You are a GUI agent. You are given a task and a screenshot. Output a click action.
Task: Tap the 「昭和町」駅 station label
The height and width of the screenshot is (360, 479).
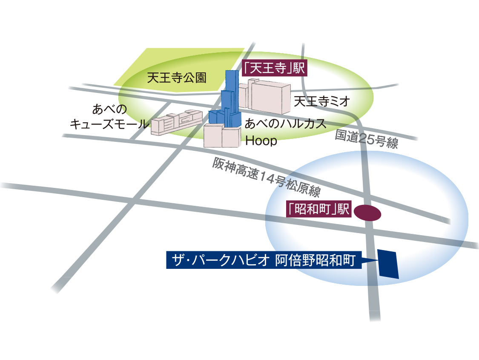(x=318, y=209)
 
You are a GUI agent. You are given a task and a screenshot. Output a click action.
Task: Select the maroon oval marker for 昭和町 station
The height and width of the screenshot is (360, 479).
(x=367, y=213)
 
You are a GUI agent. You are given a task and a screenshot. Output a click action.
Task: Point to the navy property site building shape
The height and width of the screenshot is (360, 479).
(x=387, y=264)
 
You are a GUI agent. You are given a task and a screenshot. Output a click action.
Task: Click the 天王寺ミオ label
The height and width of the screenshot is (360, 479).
(x=322, y=101)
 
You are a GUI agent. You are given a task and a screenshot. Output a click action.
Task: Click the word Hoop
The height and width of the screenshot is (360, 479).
(x=261, y=141)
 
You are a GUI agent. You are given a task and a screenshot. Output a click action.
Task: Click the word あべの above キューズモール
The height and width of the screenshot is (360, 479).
(x=109, y=109)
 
